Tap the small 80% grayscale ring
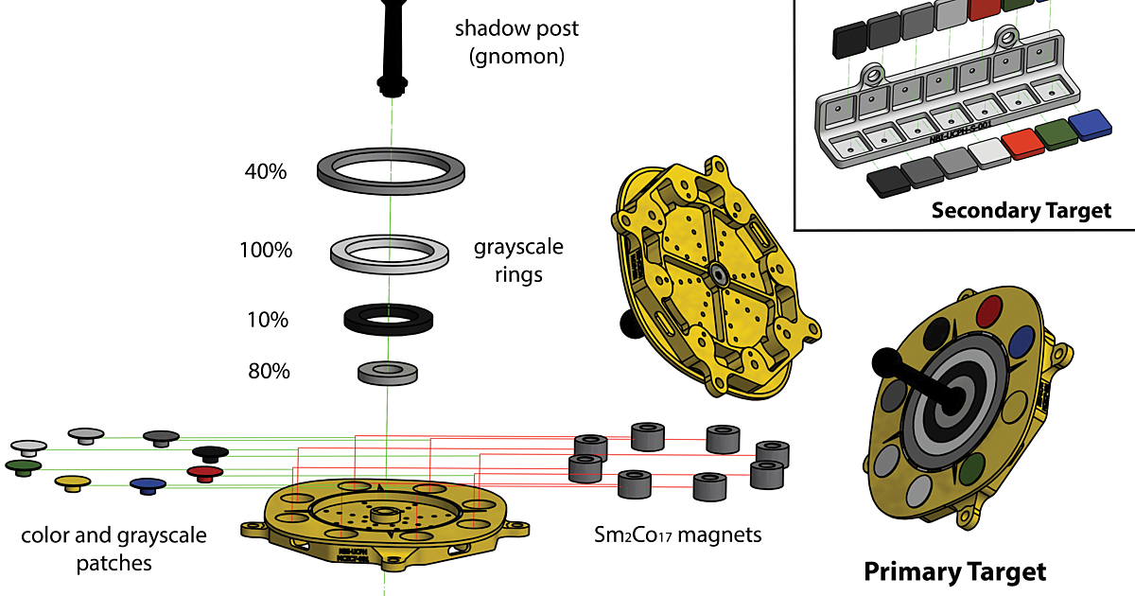(388, 372)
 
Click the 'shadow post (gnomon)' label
(516, 43)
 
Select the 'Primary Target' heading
(955, 571)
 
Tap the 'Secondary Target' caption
(1021, 210)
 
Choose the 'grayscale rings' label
(518, 261)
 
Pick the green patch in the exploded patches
(23, 466)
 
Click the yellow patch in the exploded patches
(72, 482)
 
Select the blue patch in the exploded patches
(148, 485)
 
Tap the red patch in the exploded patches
(204, 471)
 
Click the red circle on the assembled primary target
(989, 308)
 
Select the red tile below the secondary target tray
(1021, 143)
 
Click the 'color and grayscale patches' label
(113, 549)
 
